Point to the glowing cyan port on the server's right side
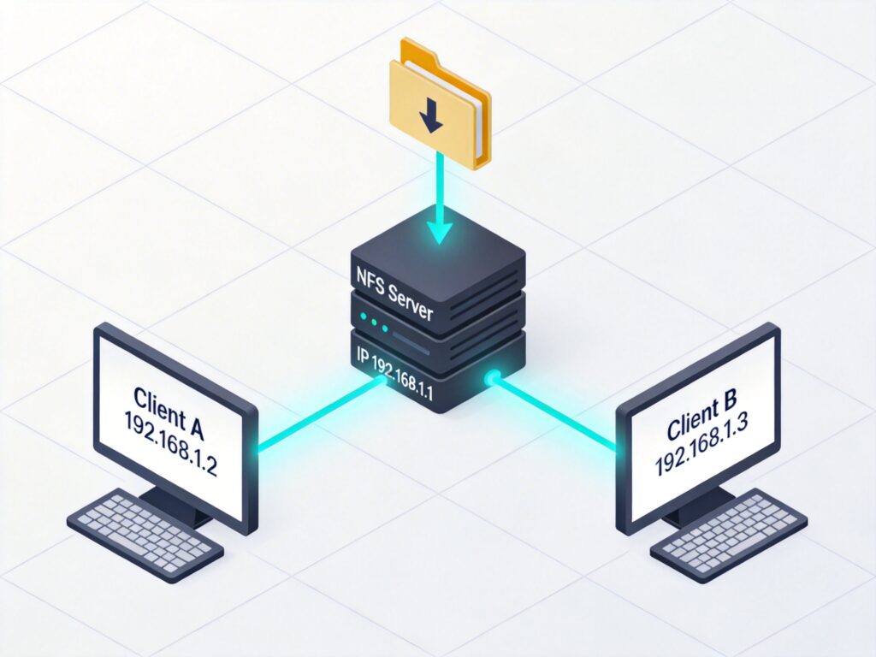[x=492, y=377]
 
